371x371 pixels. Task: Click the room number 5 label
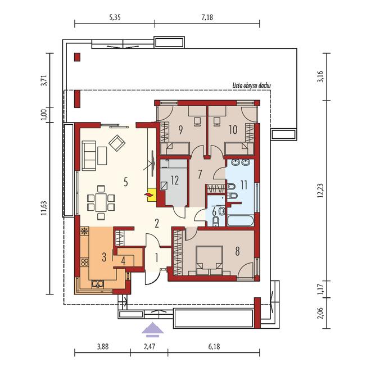[126, 182]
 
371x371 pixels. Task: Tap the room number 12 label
[175, 180]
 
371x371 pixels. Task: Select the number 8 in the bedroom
[237, 251]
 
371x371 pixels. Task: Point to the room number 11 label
[244, 185]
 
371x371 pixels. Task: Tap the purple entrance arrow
[152, 329]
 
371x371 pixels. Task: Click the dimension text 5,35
[115, 17]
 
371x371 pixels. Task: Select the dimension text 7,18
[207, 17]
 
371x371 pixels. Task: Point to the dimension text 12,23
[320, 191]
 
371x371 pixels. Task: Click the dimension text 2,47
[150, 347]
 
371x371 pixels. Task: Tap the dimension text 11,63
[44, 208]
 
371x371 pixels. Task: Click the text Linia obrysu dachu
[251, 85]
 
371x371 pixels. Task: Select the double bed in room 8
[210, 260]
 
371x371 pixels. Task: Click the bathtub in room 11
[241, 221]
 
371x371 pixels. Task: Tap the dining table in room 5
[101, 202]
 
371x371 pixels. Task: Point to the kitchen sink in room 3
[98, 284]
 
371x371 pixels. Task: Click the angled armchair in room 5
[117, 143]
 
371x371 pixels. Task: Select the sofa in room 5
[89, 156]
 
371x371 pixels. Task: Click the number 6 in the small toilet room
[214, 212]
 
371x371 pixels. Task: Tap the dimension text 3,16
[320, 76]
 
